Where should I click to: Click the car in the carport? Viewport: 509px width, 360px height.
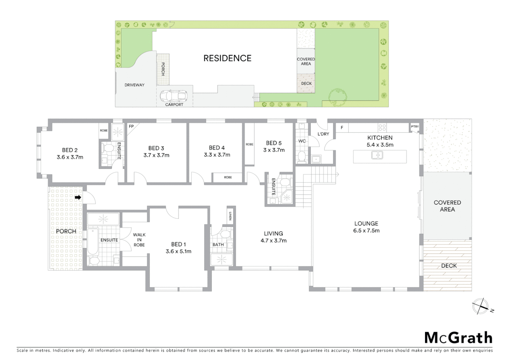tap(174, 96)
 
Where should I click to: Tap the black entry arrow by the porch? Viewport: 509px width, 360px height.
tap(78, 197)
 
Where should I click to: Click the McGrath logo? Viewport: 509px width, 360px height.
tap(458, 338)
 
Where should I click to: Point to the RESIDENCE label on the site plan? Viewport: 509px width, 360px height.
tap(227, 58)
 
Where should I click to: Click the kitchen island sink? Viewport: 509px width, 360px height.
tap(377, 155)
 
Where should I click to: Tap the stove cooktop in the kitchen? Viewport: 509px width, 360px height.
tap(382, 127)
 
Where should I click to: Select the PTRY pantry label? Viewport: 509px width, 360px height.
tap(414, 127)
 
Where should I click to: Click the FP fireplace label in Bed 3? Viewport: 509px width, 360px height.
tap(131, 126)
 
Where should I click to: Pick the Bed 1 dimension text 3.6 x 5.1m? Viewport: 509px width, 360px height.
tap(179, 251)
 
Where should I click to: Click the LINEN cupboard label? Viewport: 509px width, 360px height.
tap(230, 217)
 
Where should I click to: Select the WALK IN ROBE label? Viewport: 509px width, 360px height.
tap(139, 240)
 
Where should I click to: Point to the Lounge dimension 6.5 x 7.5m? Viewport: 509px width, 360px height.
tap(366, 231)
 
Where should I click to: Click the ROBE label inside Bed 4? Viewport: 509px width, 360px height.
tap(228, 177)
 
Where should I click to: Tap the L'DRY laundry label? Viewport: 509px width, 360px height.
tap(323, 134)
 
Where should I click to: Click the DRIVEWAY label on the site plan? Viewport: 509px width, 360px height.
tap(135, 85)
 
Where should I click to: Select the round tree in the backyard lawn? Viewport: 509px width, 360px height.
tap(338, 96)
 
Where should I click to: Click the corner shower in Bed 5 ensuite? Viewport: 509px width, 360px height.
tap(286, 197)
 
